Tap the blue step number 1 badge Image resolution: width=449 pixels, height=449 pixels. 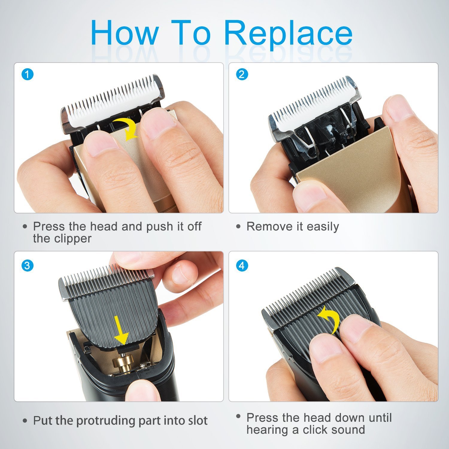pos(28,74)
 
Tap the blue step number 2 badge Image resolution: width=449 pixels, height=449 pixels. pos(242,74)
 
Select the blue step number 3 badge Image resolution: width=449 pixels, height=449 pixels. pos(28,266)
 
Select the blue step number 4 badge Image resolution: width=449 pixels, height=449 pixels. pos(242,266)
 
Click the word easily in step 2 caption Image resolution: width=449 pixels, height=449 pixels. pos(322,227)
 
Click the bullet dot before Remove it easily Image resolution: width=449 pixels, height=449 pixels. pos(238,227)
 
